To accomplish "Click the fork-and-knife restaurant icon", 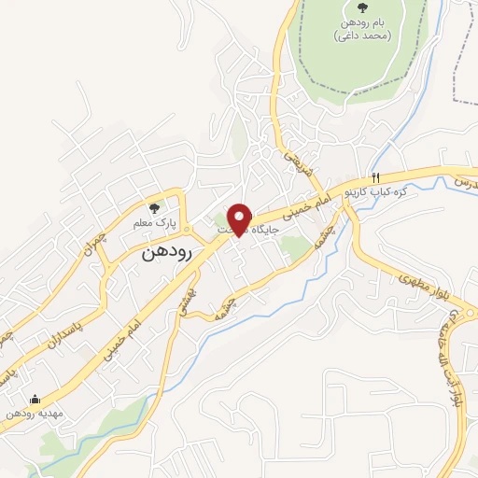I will pyautogui.click(x=375, y=177).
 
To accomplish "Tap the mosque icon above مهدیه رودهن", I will pyautogui.click(x=35, y=399).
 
